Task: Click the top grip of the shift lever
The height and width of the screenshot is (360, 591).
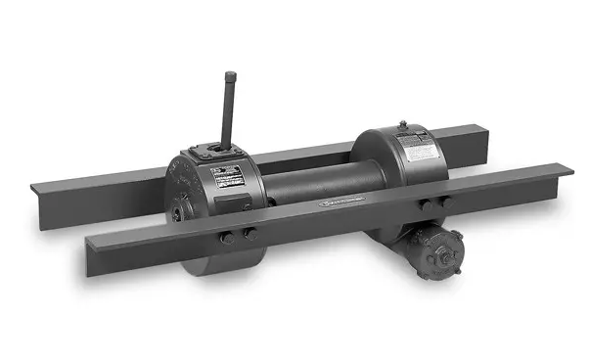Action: coord(231,78)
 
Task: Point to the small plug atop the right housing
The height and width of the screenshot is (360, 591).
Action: coord(401,124)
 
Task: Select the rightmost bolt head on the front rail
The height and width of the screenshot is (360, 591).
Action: coord(444,202)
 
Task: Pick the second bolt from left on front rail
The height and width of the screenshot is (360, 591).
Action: coord(249,233)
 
